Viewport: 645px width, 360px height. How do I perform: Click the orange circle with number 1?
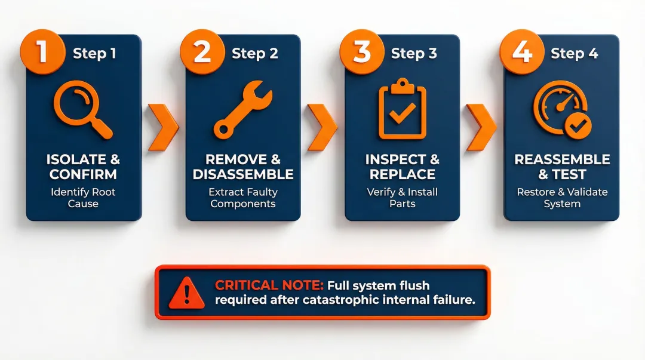click(42, 52)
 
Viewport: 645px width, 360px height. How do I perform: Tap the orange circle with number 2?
click(202, 52)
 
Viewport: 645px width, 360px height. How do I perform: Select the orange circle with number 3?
click(361, 52)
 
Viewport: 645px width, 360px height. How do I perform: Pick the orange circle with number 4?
click(521, 52)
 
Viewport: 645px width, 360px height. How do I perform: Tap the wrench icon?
click(242, 111)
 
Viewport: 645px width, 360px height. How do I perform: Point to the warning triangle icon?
click(186, 293)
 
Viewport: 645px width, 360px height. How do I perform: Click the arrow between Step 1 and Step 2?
click(162, 127)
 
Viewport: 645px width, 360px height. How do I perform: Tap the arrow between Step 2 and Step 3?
click(322, 127)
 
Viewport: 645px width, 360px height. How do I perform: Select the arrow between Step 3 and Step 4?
click(481, 127)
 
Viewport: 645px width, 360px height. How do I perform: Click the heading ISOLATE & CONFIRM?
click(84, 167)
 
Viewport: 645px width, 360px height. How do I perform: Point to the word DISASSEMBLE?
click(242, 174)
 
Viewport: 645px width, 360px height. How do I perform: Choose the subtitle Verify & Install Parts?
click(402, 198)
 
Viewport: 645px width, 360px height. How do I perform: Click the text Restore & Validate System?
click(561, 198)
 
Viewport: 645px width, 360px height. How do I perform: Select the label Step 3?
click(414, 53)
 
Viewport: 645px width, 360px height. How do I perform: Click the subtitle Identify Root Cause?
click(84, 198)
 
